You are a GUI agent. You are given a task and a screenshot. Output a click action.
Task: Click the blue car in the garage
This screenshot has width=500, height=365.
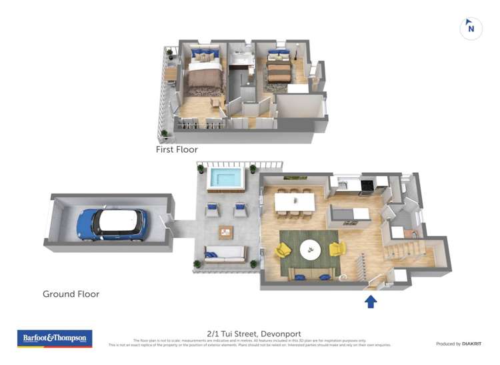click(x=111, y=223)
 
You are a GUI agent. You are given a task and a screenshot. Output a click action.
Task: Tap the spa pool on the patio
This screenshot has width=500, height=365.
click(x=225, y=179)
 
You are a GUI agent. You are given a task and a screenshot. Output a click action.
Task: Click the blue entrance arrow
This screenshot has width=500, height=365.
click(x=371, y=302)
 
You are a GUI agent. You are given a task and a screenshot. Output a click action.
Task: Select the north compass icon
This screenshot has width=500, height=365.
click(x=471, y=28)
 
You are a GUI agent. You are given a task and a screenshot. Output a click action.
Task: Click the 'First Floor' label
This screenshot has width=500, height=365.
click(x=177, y=150)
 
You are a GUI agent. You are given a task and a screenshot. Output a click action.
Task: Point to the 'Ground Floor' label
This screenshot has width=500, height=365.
click(x=71, y=294)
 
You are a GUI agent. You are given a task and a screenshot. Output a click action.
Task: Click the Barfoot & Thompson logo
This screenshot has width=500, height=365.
click(x=55, y=338)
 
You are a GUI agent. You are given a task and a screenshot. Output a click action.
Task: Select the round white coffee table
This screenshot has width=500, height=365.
click(x=309, y=250)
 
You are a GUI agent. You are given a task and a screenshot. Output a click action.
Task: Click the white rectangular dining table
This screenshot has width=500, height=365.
click(x=294, y=200)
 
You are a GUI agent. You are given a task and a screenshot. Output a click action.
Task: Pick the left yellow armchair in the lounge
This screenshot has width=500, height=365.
click(x=283, y=251)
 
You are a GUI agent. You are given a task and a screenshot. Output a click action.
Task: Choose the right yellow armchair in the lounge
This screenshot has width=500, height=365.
click(x=337, y=249)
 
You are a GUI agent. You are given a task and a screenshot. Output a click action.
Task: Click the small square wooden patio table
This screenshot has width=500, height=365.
click(x=226, y=232)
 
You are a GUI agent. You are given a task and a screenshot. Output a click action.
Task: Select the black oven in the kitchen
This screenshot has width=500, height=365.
click(x=366, y=186)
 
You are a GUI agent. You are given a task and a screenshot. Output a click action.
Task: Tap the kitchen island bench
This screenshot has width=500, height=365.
click(x=349, y=215)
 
